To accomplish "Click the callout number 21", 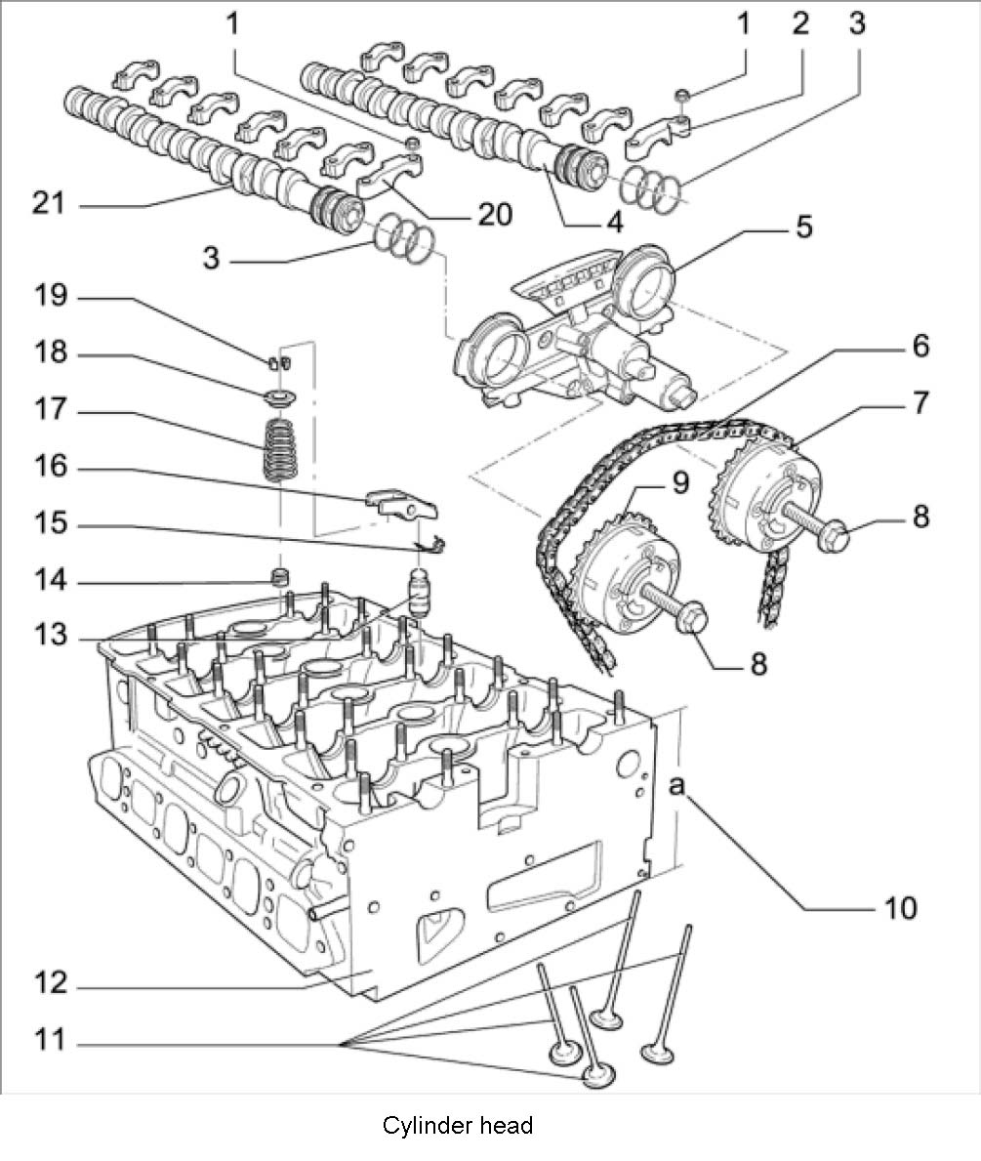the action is [49, 203].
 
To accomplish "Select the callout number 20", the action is [495, 214].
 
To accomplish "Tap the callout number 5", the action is [804, 226].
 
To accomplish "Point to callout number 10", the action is [900, 908].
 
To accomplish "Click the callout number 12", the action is [51, 983].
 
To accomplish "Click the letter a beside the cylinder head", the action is [676, 785].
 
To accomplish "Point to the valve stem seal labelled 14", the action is [279, 576].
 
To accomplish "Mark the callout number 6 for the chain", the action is [920, 346].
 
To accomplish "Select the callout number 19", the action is [51, 296].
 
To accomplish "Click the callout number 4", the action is [615, 222].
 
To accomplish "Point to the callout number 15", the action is [51, 523].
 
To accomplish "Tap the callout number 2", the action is [800, 24].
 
